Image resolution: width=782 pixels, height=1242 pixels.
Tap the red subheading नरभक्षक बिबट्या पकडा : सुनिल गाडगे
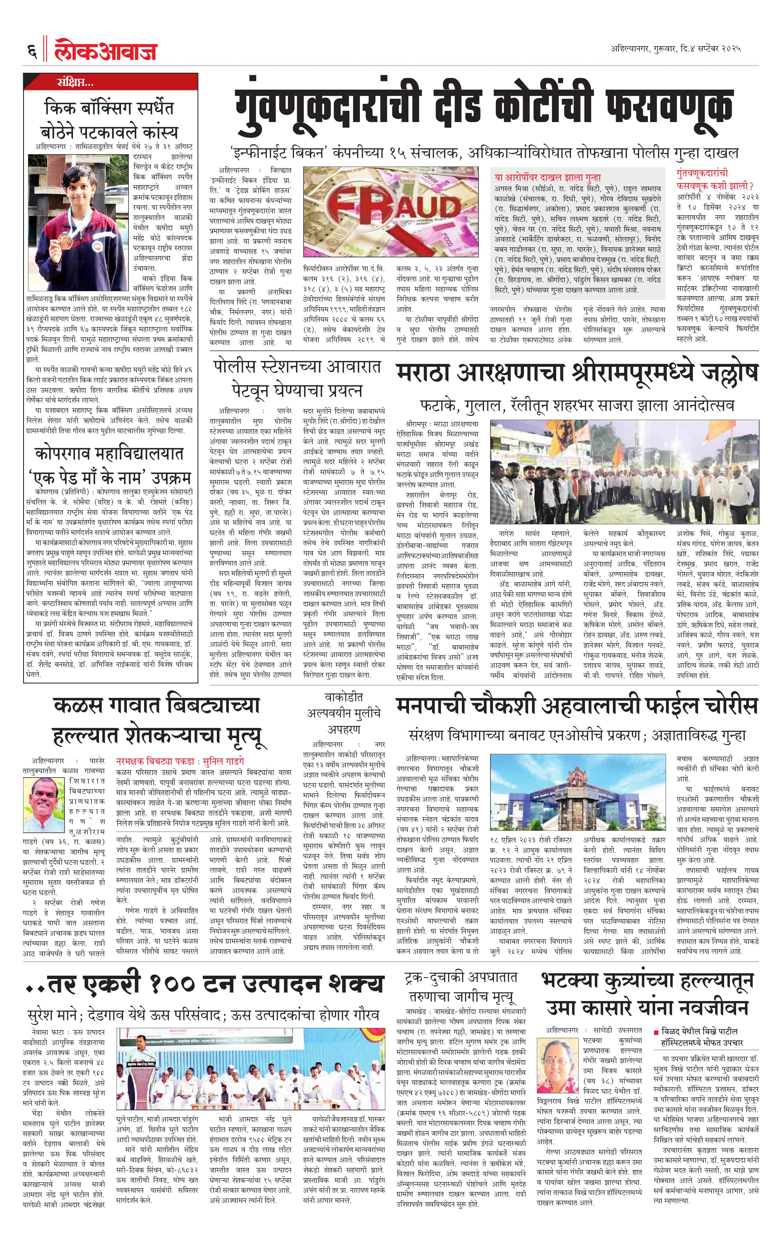click(180, 761)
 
